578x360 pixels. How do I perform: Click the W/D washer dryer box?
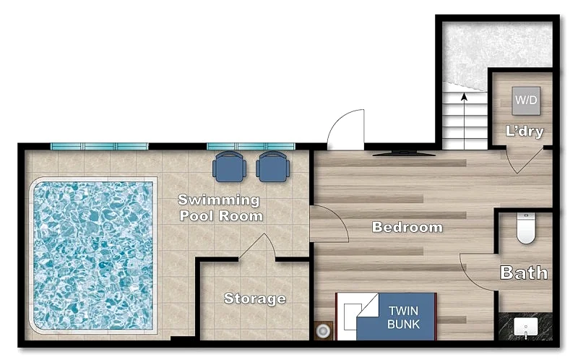click(x=526, y=100)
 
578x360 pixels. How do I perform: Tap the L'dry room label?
click(x=525, y=132)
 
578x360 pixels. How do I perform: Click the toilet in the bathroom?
click(x=526, y=228)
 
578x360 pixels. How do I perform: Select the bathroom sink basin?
click(x=526, y=328)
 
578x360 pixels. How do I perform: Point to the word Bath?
click(x=523, y=273)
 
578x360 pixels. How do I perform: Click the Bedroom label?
click(x=407, y=227)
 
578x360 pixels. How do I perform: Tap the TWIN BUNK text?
click(x=403, y=317)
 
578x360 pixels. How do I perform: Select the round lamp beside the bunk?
click(x=323, y=331)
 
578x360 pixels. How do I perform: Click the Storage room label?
click(x=255, y=298)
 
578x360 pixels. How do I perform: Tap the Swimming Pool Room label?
click(x=220, y=207)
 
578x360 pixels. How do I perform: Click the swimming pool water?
click(x=93, y=255)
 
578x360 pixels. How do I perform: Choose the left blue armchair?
click(x=229, y=167)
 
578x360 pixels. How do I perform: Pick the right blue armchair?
click(x=273, y=167)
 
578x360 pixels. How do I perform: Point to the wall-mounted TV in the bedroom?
click(x=404, y=153)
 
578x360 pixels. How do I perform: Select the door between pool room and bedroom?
click(x=329, y=224)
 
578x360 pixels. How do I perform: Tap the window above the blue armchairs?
click(x=251, y=147)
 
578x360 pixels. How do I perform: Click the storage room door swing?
click(x=257, y=247)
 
